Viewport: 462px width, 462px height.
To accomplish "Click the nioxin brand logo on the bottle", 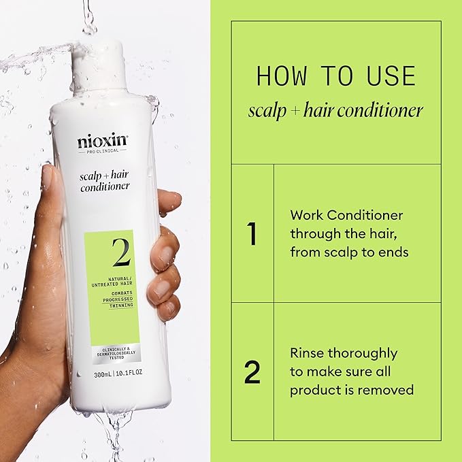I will click(x=102, y=143).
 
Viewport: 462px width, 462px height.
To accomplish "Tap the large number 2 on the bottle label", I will click(x=122, y=254).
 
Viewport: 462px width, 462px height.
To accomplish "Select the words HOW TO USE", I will click(x=335, y=76).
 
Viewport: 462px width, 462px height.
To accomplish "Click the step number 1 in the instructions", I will click(x=252, y=233).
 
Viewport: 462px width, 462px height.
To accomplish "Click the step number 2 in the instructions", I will click(x=252, y=372).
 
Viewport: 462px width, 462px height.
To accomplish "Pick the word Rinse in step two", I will click(x=306, y=353).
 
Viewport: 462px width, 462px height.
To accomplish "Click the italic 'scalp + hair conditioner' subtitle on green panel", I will click(x=335, y=110).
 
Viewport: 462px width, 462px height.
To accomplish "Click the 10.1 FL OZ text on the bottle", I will click(x=134, y=374).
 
